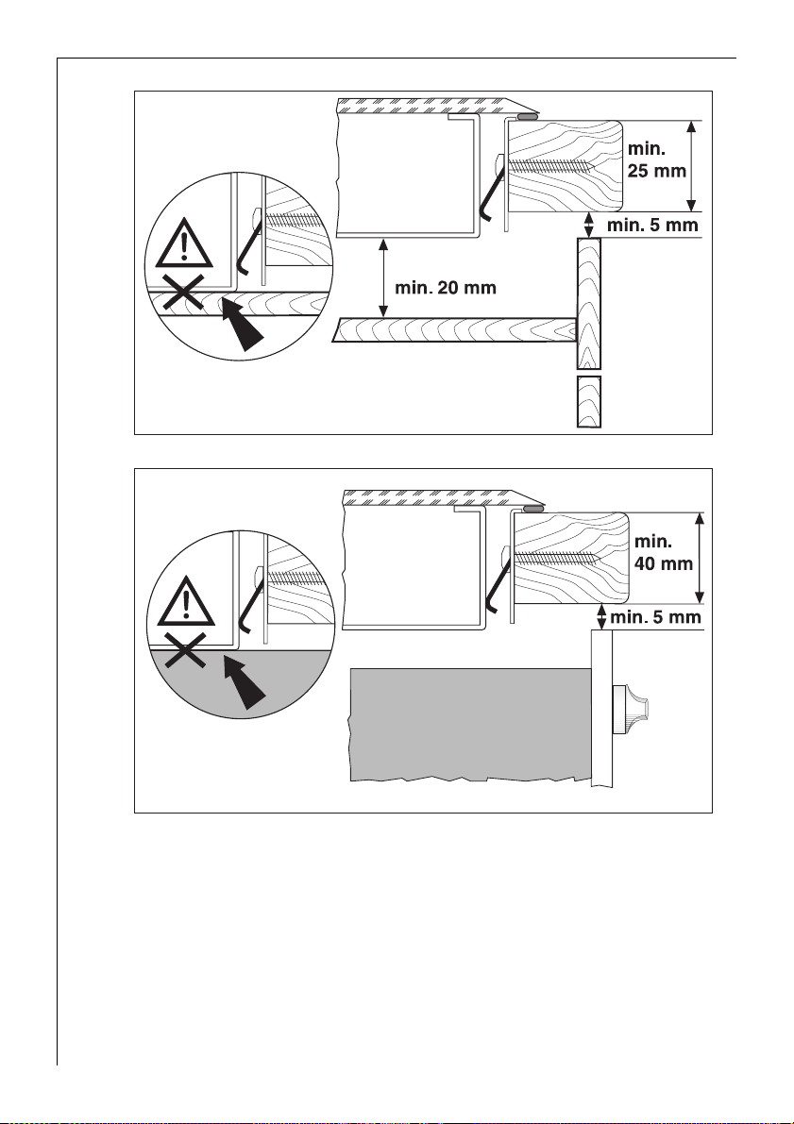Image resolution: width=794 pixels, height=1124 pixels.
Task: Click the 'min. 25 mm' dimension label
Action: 656,159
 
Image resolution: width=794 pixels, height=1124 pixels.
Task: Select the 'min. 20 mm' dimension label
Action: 446,288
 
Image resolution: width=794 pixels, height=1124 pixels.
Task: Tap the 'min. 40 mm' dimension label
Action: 664,553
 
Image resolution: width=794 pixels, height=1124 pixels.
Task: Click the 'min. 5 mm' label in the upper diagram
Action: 652,226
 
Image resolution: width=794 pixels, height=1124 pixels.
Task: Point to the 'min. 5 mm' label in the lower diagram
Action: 655,616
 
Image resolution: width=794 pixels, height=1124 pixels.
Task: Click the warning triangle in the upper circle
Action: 185,243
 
